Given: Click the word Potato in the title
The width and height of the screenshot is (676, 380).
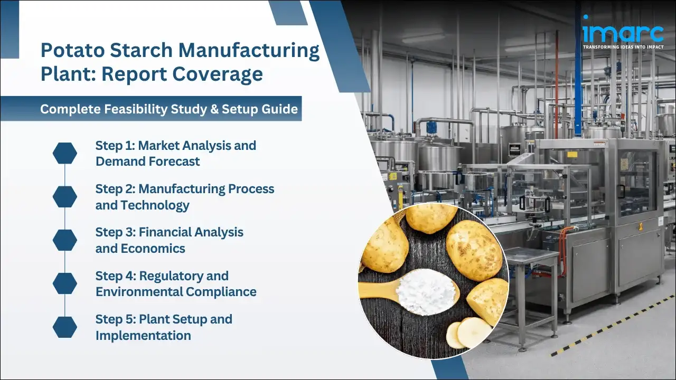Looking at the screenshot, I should pos(72,51).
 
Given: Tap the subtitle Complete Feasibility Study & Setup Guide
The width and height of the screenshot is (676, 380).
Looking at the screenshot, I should pos(169,109).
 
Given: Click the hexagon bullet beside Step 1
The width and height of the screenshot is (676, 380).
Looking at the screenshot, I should pos(64,153).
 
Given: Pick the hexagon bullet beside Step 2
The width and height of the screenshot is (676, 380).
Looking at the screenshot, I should pos(64,196).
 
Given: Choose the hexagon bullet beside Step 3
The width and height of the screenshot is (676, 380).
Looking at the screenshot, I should pos(64,240).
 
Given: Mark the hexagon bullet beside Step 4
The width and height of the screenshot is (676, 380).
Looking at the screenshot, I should pos(64,283).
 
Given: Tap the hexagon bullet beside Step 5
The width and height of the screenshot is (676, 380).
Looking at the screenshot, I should pos(64,327).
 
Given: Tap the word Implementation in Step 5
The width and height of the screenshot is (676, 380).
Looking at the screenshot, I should pos(143,336).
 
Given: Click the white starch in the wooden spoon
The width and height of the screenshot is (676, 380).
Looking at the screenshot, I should pos(425,291).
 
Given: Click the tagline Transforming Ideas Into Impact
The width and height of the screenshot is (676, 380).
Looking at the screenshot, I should pos(623,47).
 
